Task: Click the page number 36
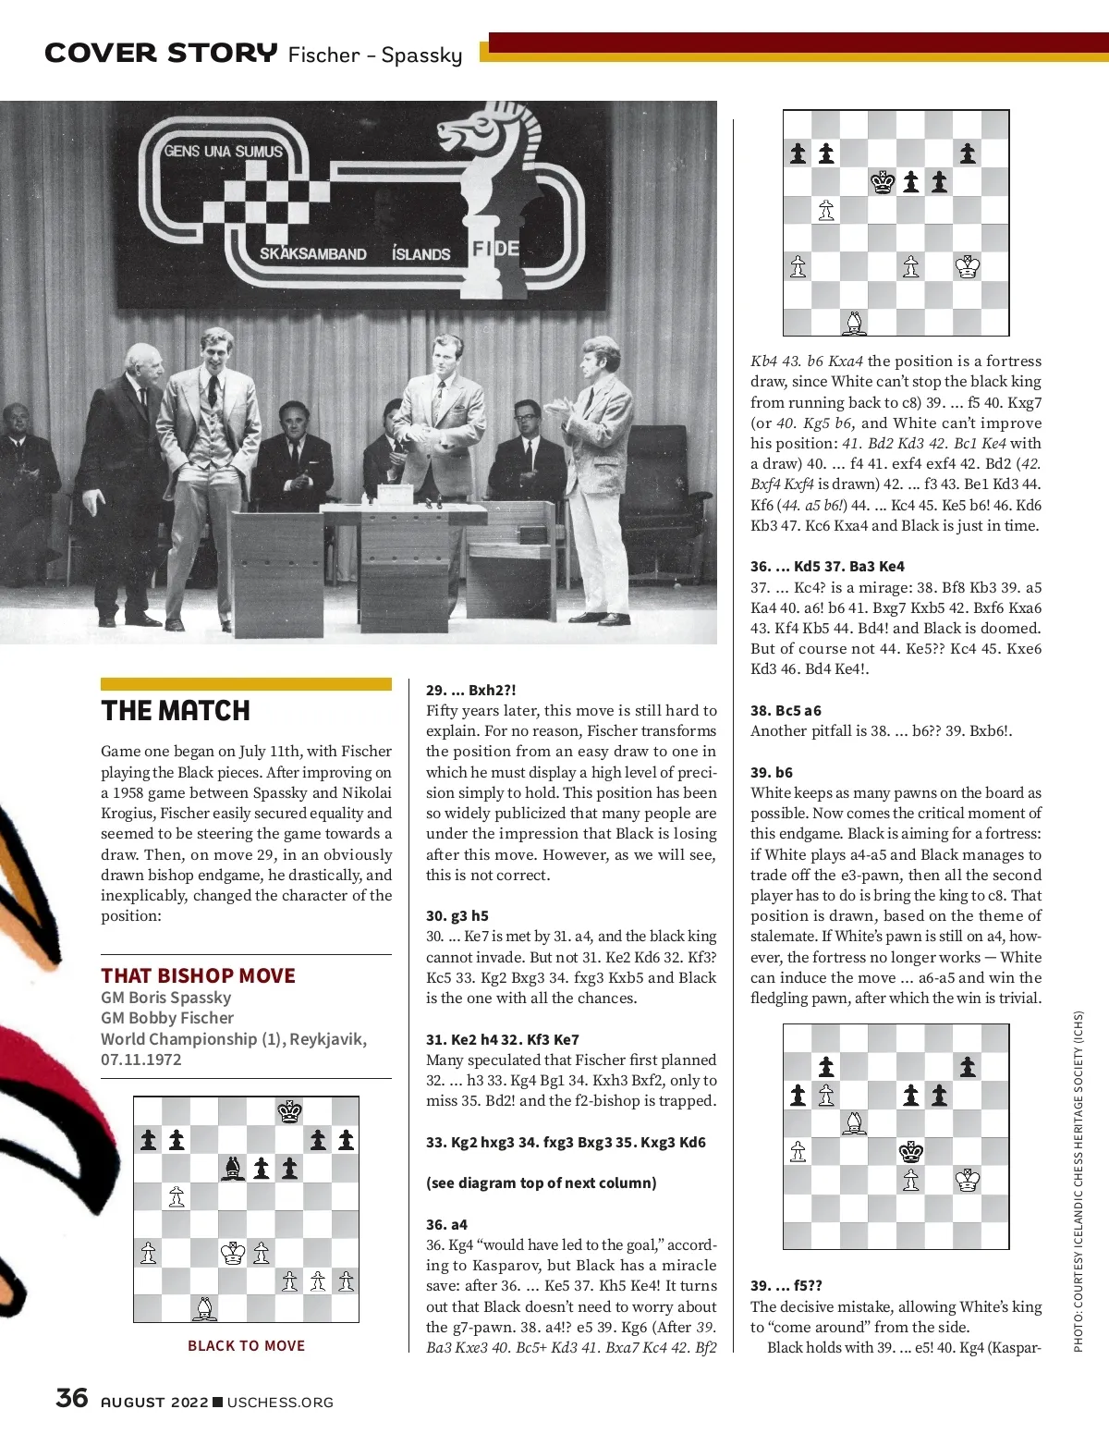point(72,1397)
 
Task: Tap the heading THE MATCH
point(176,710)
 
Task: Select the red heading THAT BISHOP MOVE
point(198,975)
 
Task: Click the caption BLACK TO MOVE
point(246,1345)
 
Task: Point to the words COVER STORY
point(161,53)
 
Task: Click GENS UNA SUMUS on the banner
point(224,151)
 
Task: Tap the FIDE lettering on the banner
point(495,249)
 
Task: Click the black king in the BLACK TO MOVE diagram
point(290,1111)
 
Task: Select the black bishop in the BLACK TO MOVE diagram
point(233,1169)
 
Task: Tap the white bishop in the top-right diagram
point(855,323)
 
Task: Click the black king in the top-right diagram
point(884,182)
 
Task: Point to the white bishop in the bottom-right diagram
point(855,1123)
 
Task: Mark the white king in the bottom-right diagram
point(968,1180)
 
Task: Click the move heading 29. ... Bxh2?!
point(470,690)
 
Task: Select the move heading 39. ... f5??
point(786,1285)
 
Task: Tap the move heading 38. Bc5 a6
point(786,710)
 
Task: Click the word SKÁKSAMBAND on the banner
point(312,253)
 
